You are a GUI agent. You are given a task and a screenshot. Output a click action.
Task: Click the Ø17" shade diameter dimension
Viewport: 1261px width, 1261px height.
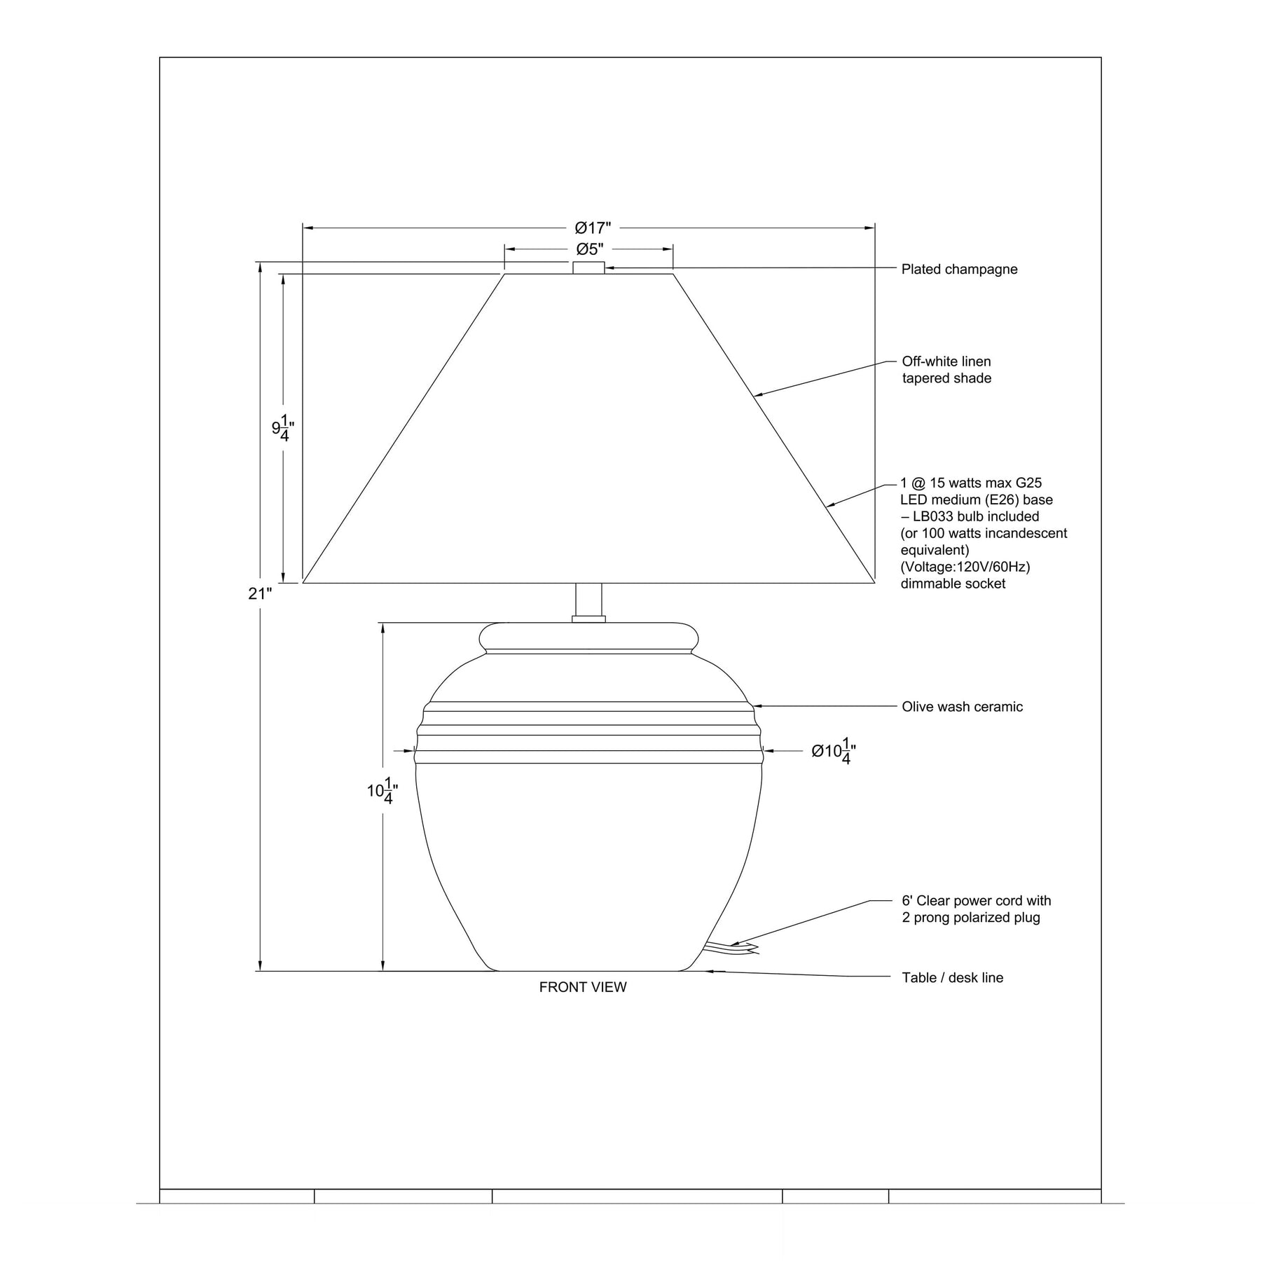pyautogui.click(x=593, y=228)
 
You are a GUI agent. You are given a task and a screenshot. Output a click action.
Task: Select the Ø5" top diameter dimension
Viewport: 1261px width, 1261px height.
pyautogui.click(x=590, y=249)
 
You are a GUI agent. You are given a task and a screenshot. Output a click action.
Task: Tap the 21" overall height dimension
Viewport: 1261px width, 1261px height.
pyautogui.click(x=260, y=593)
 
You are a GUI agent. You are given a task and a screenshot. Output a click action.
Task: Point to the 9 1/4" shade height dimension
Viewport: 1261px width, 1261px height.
pyautogui.click(x=282, y=427)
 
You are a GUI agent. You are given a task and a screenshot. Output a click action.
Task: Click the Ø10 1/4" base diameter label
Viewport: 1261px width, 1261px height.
pyautogui.click(x=834, y=751)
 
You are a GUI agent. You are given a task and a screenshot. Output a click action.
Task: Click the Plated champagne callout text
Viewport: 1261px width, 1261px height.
pyautogui.click(x=959, y=269)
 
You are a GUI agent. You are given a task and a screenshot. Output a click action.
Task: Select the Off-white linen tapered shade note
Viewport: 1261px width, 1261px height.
pyautogui.click(x=946, y=370)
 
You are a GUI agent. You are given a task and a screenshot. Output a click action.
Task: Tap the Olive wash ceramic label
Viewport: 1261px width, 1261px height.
pyautogui.click(x=962, y=707)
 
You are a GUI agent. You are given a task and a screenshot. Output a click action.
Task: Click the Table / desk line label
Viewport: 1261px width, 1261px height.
pyautogui.click(x=952, y=977)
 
